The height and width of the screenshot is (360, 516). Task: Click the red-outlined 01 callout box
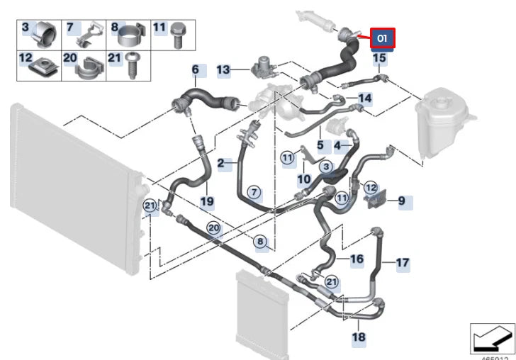(382, 38)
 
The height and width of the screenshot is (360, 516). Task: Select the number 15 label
(379, 58)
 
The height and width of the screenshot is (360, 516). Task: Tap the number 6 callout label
(196, 71)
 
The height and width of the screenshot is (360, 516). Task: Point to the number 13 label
(223, 70)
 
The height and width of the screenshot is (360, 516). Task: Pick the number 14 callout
(364, 99)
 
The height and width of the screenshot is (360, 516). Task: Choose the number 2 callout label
(220, 163)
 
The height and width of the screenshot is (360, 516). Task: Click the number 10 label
(303, 180)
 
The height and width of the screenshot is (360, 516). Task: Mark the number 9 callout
(401, 201)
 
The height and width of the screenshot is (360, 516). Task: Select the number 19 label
(206, 201)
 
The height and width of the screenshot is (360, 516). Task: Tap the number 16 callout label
(357, 259)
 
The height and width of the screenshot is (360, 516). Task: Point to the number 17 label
(403, 263)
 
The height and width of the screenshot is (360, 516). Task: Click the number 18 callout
(359, 337)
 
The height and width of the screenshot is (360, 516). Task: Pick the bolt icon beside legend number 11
(178, 33)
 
